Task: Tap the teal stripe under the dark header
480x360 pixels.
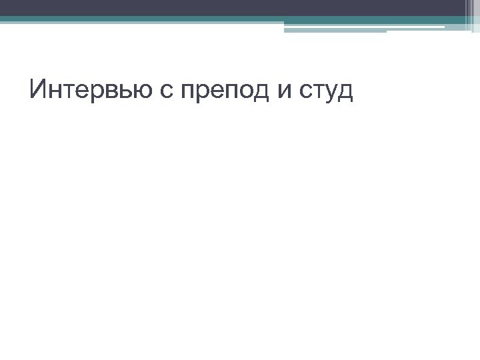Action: pos(200,20)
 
